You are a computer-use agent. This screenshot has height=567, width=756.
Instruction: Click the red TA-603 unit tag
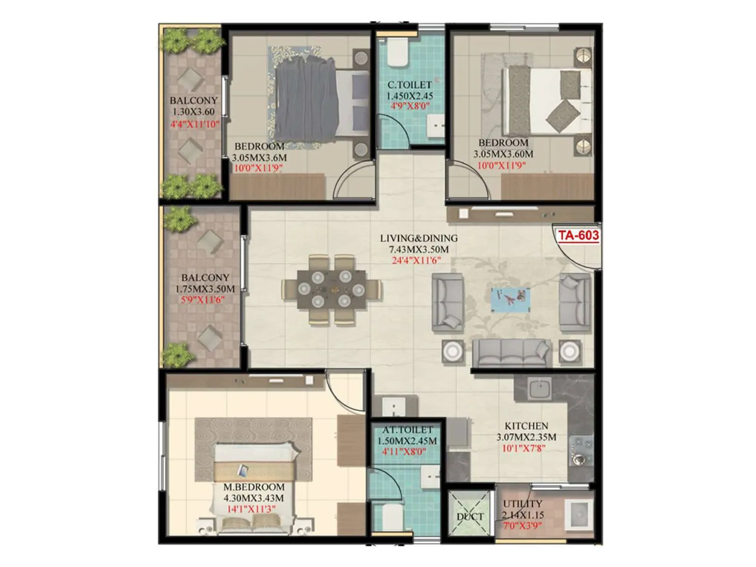578,235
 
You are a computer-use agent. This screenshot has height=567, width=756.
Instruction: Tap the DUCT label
470,516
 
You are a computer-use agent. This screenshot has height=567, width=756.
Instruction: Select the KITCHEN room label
526,426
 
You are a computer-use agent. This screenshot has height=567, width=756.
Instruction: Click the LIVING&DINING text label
419,238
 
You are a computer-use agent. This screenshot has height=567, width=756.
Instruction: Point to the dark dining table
332,289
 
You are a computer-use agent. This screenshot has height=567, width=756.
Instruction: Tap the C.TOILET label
409,85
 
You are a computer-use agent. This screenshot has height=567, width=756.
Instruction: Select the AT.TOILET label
407,430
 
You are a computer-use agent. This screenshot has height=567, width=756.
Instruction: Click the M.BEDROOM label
254,487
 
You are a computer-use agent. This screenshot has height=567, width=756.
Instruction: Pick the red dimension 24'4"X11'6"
416,260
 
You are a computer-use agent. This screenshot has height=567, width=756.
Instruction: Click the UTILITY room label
522,504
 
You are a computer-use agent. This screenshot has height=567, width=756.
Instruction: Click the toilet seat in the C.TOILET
397,53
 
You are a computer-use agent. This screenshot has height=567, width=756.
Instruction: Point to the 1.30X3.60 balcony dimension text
193,112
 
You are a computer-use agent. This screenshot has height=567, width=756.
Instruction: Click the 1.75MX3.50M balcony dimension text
205,289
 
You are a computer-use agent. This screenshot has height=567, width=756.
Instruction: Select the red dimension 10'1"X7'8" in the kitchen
524,447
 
